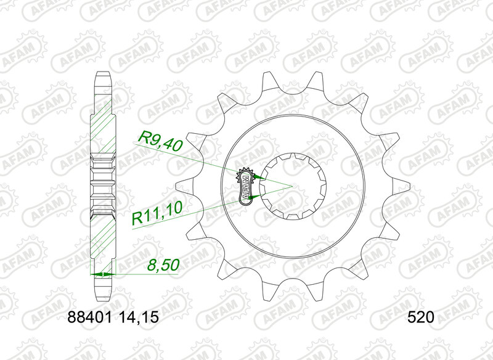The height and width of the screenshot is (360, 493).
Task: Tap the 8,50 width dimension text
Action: pos(162,266)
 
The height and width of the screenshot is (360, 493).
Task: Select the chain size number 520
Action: pos(422,319)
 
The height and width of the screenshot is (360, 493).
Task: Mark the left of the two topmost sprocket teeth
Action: pos(267,80)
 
